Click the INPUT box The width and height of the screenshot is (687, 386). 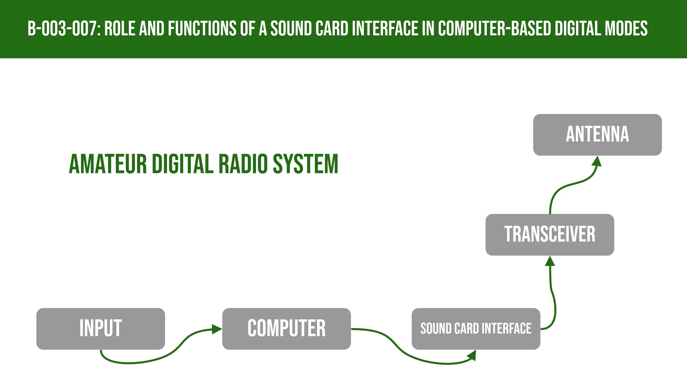click(101, 328)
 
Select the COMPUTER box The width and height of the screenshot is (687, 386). click(286, 328)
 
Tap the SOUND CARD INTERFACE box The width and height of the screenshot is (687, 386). click(476, 328)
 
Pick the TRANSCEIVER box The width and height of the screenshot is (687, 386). click(550, 234)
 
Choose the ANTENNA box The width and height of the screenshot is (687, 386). click(597, 134)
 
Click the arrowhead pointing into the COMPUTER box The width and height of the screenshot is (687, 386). click(217, 329)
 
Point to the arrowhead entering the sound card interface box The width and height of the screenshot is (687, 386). click(473, 355)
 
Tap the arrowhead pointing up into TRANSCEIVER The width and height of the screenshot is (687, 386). click(550, 261)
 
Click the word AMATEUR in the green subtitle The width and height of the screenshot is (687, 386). click(108, 164)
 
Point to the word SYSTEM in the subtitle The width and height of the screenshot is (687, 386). click(306, 164)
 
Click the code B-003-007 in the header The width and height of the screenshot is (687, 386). click(63, 29)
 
